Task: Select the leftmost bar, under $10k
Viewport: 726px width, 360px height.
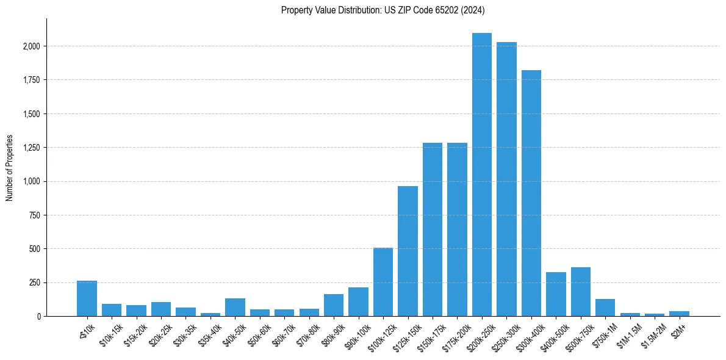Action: pyautogui.click(x=87, y=299)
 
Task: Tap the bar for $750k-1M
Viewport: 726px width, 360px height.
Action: pyautogui.click(x=605, y=308)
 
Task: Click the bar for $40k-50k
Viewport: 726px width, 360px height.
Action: pyautogui.click(x=235, y=308)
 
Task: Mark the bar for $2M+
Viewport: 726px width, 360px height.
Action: pyautogui.click(x=679, y=314)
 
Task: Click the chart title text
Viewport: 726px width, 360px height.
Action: pyautogui.click(x=383, y=10)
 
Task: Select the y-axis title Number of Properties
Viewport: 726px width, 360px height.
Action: pyautogui.click(x=10, y=167)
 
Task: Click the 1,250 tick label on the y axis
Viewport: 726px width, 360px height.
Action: pyautogui.click(x=32, y=148)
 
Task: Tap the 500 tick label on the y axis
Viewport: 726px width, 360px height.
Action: pyautogui.click(x=35, y=249)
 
